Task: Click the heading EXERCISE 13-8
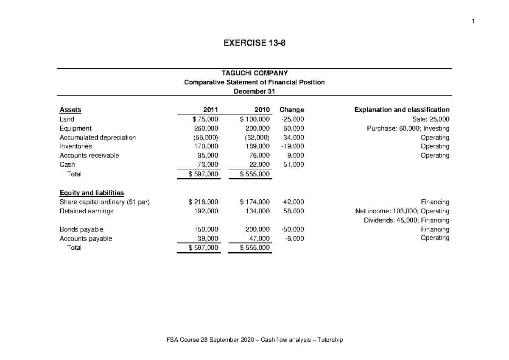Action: pyautogui.click(x=254, y=43)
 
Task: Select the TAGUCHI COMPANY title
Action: pyautogui.click(x=254, y=73)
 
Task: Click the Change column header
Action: pyautogui.click(x=291, y=110)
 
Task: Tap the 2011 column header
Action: pyautogui.click(x=211, y=110)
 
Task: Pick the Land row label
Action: pyautogui.click(x=67, y=119)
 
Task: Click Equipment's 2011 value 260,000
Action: pyautogui.click(x=207, y=128)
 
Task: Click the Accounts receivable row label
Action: pyautogui.click(x=89, y=155)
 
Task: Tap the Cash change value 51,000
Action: pyautogui.click(x=293, y=165)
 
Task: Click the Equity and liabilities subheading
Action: pyautogui.click(x=92, y=193)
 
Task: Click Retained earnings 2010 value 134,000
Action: pyautogui.click(x=257, y=211)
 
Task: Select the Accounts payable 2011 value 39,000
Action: pyautogui.click(x=209, y=239)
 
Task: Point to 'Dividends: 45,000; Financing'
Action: pyautogui.click(x=407, y=220)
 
